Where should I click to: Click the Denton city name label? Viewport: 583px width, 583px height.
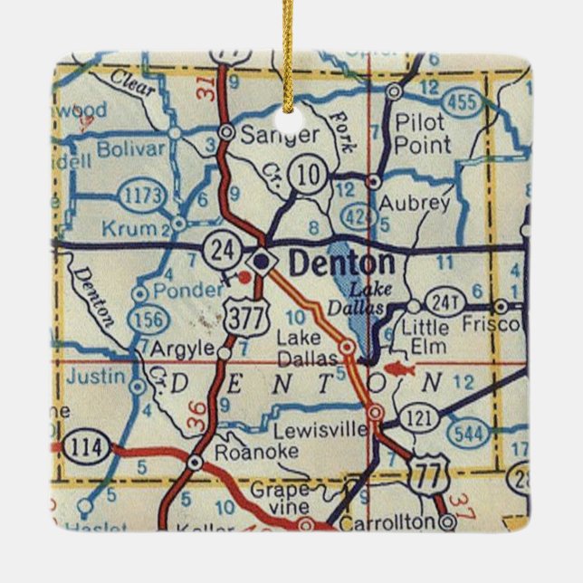pyautogui.click(x=341, y=263)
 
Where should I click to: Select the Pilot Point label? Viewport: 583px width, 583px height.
pyautogui.click(x=423, y=133)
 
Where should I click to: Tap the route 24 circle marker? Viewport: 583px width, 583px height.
pyautogui.click(x=221, y=249)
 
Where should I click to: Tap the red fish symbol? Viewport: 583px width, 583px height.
pyautogui.click(x=397, y=368)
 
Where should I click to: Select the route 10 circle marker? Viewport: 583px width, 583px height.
pyautogui.click(x=311, y=176)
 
